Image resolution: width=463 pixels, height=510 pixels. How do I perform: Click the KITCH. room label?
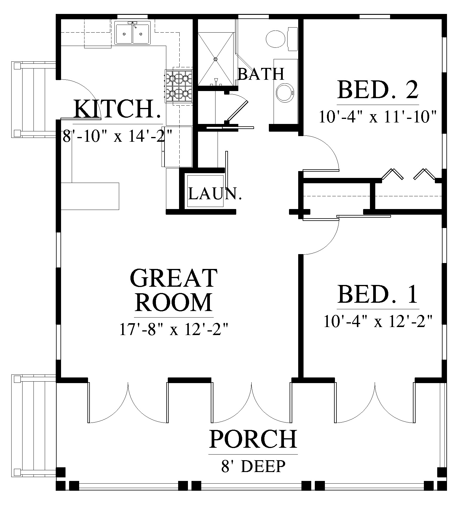tap(118, 109)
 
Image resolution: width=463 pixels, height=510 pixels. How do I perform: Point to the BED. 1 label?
tap(378, 294)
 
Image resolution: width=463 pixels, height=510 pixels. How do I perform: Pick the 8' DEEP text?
tap(253, 466)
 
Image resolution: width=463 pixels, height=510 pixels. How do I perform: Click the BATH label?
tap(261, 74)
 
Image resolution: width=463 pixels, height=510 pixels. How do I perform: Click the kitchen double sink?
tap(133, 33)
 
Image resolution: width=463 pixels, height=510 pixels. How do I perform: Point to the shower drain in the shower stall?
tap(215, 59)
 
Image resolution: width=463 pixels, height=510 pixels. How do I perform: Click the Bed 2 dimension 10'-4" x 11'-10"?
tap(378, 117)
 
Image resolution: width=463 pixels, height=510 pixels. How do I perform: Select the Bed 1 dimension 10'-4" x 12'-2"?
tap(378, 321)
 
